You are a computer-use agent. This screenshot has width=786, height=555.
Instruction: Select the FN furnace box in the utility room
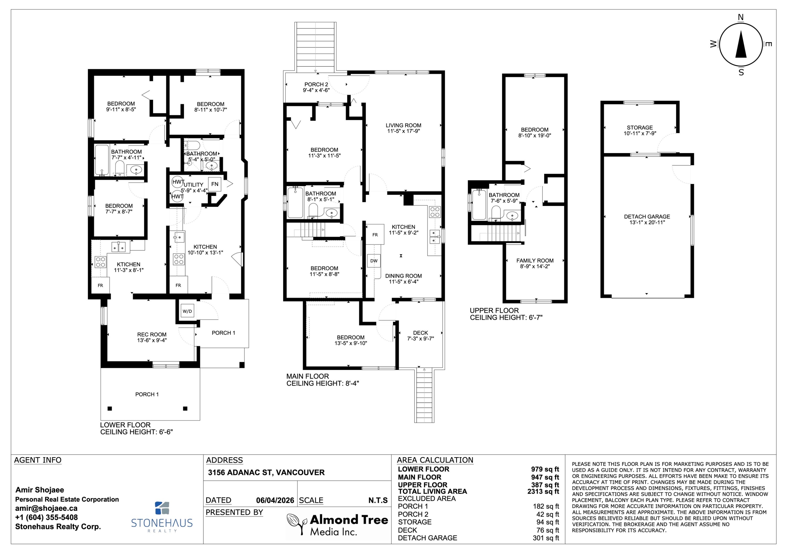[215, 184]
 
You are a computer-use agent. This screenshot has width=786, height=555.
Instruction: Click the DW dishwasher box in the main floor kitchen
[374, 261]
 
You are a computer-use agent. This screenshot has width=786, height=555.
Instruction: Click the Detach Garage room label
[647, 216]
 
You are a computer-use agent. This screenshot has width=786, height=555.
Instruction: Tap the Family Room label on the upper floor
[535, 261]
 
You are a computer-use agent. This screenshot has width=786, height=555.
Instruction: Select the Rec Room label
[152, 334]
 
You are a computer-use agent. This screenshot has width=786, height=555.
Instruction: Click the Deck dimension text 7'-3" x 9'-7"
[421, 339]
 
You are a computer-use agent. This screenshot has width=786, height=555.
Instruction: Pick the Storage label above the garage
[640, 127]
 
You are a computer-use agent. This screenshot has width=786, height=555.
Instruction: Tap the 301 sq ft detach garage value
[546, 538]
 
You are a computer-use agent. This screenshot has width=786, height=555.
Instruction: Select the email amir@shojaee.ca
[46, 508]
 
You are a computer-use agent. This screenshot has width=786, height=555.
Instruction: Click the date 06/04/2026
[275, 501]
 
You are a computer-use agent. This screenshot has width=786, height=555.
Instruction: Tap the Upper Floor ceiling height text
[506, 318]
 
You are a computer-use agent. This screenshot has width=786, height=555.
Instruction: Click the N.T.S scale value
[378, 501]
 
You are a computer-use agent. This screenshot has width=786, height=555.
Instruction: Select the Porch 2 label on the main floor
[316, 85]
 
